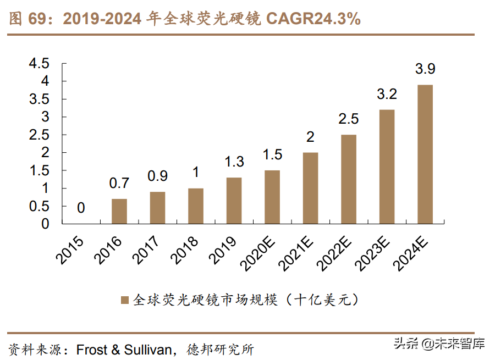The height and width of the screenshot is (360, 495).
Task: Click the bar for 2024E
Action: [425, 154]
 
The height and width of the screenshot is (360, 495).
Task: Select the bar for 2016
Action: [119, 212]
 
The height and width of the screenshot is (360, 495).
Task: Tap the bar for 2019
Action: [234, 201]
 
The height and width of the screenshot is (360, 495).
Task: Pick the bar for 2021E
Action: [310, 188]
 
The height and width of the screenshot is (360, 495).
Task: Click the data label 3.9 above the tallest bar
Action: [425, 70]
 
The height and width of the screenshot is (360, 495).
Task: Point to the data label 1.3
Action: [234, 163]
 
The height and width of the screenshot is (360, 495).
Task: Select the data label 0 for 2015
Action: [81, 208]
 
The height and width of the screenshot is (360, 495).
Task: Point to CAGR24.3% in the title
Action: [313, 19]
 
